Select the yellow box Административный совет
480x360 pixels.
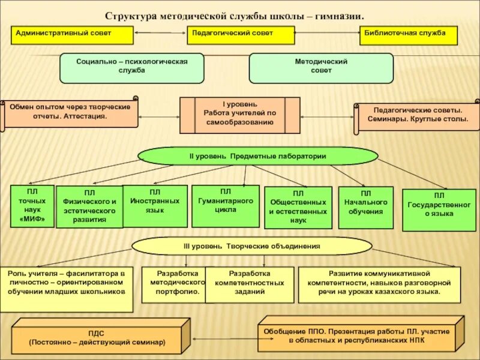click(72, 35)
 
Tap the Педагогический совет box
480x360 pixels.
click(241, 35)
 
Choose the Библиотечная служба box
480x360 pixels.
click(408, 35)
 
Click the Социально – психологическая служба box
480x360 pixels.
click(132, 67)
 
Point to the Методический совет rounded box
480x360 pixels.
click(321, 67)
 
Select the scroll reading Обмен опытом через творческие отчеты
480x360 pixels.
click(70, 112)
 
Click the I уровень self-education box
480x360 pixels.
click(239, 115)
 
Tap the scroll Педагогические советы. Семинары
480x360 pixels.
click(417, 116)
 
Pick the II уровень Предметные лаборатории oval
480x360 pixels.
click(258, 156)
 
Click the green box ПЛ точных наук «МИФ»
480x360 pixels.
click(32, 206)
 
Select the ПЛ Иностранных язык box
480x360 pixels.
click(155, 206)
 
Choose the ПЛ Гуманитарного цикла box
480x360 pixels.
click(225, 206)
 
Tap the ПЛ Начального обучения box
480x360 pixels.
click(365, 207)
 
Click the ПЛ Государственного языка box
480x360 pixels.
click(439, 209)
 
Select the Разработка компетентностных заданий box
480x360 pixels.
click(250, 284)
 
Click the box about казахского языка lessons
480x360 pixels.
click(379, 284)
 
